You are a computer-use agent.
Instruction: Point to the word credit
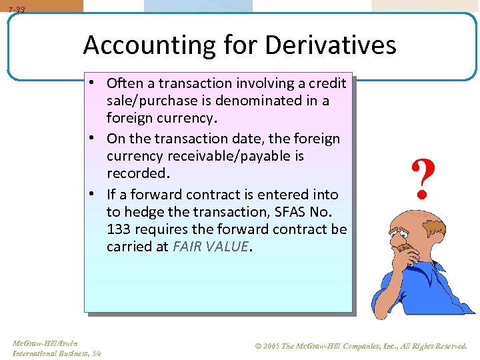pos(326,83)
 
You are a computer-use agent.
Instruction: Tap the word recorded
pos(138,173)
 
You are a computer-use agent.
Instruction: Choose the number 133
pos(119,229)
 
